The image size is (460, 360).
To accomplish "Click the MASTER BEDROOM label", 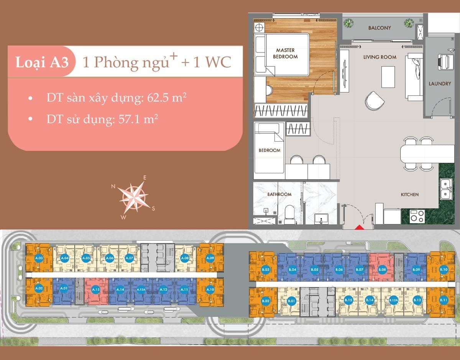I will [x=285, y=53].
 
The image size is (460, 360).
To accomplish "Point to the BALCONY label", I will [x=379, y=28].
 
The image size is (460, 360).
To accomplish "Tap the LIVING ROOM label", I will [x=380, y=57].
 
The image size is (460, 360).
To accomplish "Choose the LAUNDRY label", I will [x=440, y=83].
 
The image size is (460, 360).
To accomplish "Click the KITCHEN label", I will [x=410, y=195].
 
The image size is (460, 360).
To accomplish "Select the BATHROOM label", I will [x=279, y=194].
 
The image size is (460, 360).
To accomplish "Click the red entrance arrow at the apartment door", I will [x=359, y=227].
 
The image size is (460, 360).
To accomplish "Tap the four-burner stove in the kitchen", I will [x=417, y=216].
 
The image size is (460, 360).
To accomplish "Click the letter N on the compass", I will [x=113, y=187].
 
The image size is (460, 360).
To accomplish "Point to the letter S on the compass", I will [x=153, y=208].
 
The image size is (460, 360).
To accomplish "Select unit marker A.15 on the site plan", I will [x=96, y=290].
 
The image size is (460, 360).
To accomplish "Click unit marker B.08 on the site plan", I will [x=382, y=270].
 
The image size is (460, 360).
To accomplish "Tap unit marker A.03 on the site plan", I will [x=38, y=258].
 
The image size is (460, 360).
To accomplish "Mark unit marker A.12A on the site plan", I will [x=141, y=290].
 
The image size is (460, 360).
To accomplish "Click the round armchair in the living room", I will [x=374, y=100].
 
